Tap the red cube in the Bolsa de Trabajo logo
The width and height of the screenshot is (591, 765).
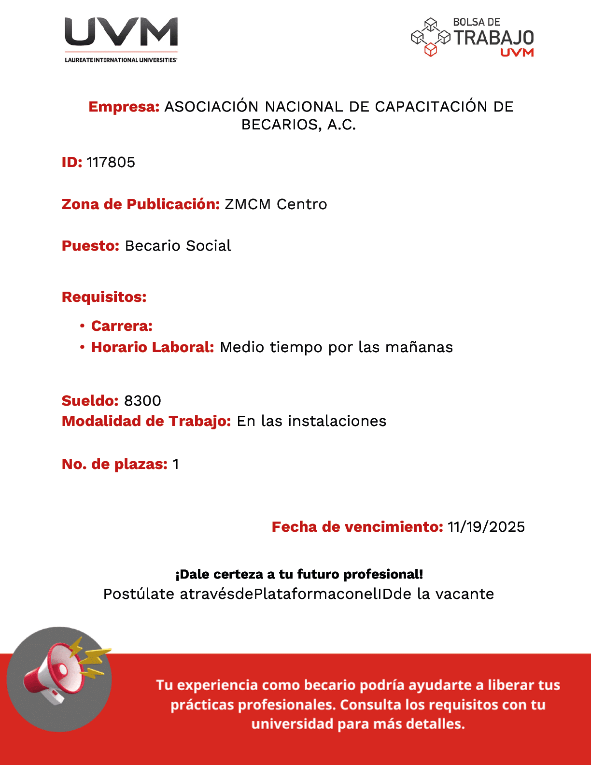(x=430, y=50)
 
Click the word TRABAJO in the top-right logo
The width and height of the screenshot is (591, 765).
(x=493, y=38)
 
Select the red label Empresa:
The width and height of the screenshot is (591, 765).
(x=124, y=107)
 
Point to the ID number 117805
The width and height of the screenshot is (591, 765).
(x=111, y=162)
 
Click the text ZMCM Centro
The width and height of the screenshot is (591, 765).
(x=276, y=204)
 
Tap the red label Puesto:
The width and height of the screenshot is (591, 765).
(x=90, y=246)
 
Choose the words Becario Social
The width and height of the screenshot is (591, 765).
(x=178, y=246)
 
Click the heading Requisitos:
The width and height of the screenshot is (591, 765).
(x=104, y=297)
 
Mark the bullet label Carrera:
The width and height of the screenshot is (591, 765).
(x=122, y=326)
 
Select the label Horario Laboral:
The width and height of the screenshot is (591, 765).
(x=153, y=347)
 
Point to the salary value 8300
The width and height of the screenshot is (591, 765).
(x=142, y=401)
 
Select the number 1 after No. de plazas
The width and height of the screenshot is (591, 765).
(x=176, y=464)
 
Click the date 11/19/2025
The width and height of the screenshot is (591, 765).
(x=486, y=527)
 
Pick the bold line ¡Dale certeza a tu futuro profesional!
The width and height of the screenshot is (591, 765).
(x=299, y=574)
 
